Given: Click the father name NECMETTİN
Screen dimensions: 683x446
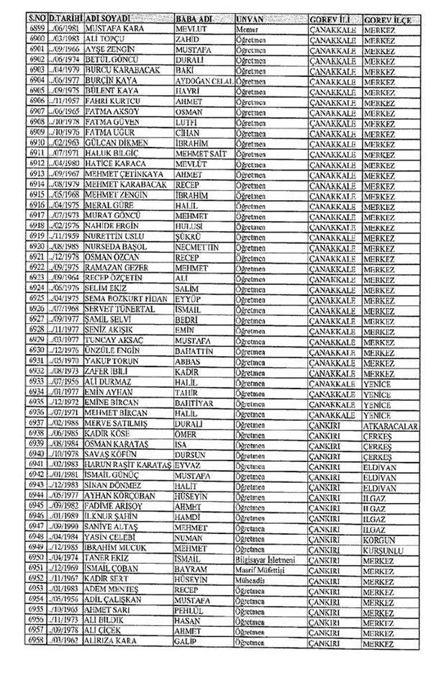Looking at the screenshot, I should (x=201, y=247).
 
